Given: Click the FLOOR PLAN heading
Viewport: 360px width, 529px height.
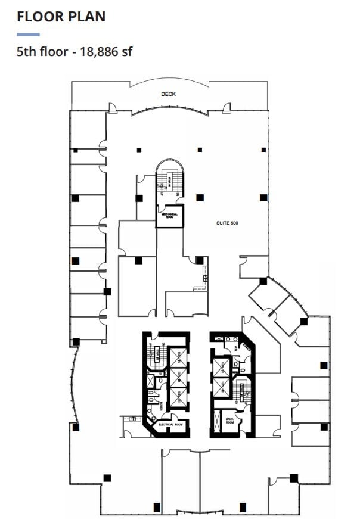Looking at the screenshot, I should [x=61, y=16].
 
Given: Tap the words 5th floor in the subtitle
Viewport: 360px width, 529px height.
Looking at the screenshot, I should [x=41, y=52].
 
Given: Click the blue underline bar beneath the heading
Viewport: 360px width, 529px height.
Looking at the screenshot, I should [x=28, y=35].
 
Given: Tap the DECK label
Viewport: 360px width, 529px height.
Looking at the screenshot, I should [x=168, y=94].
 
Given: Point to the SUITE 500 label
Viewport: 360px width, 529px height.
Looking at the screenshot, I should [x=227, y=223].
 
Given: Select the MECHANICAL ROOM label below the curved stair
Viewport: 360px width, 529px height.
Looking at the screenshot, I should [x=169, y=217].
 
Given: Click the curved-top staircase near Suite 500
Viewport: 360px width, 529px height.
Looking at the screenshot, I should [x=170, y=182].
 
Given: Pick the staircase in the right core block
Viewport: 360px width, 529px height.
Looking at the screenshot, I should [x=243, y=391].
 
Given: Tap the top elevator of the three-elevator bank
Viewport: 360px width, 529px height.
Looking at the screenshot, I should [x=178, y=358].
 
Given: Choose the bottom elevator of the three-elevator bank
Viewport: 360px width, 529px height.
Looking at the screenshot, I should [x=178, y=397].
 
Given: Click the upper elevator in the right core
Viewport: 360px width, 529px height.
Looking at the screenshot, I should [x=222, y=368].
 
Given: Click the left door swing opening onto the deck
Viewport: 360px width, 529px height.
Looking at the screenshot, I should [x=113, y=108].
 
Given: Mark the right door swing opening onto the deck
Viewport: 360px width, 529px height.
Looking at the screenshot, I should [x=225, y=108].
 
